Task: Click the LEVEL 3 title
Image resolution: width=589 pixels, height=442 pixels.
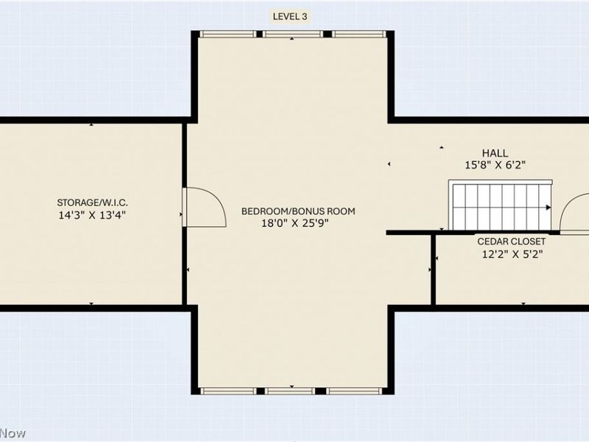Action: (290, 16)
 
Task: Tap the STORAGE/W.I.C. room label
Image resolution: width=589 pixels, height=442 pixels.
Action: (98, 203)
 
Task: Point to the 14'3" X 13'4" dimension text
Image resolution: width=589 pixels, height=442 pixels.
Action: (98, 216)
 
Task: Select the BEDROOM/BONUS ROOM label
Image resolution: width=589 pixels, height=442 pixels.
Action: (298, 211)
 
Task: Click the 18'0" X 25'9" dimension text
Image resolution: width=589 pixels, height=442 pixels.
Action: (298, 224)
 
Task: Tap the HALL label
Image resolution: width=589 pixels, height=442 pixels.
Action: (494, 153)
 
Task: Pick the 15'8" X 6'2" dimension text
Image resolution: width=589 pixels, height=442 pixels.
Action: (494, 166)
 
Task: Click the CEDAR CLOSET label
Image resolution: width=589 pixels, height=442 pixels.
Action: (512, 242)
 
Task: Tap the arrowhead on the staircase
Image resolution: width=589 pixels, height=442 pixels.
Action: (549, 208)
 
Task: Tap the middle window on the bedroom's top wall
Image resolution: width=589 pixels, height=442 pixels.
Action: (292, 34)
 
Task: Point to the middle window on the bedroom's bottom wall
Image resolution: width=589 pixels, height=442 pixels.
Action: (292, 390)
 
